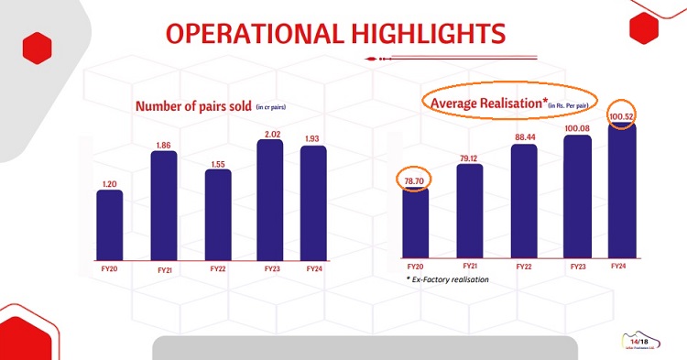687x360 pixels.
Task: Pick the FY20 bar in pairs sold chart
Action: point(109,224)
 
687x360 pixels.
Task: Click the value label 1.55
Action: point(217,162)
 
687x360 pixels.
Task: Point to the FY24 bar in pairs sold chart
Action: point(312,202)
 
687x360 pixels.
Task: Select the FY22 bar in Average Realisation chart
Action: point(523,201)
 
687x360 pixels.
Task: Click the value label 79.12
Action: point(469,157)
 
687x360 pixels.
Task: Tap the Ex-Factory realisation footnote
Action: point(450,278)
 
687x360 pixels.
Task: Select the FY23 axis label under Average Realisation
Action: point(577,266)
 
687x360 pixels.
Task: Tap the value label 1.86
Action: point(163,144)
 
